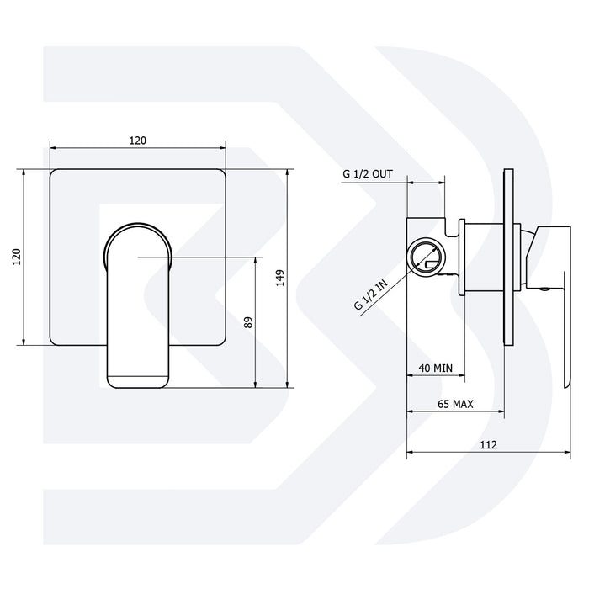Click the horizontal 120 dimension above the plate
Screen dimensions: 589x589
coord(138,141)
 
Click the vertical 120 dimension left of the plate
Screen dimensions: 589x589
coord(17,257)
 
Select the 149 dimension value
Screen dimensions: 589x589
coord(280,278)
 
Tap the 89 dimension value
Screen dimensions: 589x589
coord(248,322)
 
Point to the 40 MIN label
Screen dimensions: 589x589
coord(435,369)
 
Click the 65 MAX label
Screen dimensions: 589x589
coord(455,404)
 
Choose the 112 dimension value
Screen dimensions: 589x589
coord(488,445)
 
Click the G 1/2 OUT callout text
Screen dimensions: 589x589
coord(368,174)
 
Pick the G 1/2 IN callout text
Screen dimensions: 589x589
coord(371,295)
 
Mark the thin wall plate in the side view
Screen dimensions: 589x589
coord(508,257)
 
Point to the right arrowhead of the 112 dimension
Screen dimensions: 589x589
coord(567,452)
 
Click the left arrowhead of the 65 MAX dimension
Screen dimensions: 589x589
coord(411,411)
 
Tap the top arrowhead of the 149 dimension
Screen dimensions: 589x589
coord(288,172)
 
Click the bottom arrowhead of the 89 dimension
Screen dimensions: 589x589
coord(256,385)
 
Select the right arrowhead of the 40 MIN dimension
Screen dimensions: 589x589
coord(462,375)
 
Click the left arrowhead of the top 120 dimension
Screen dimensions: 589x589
coord(54,148)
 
